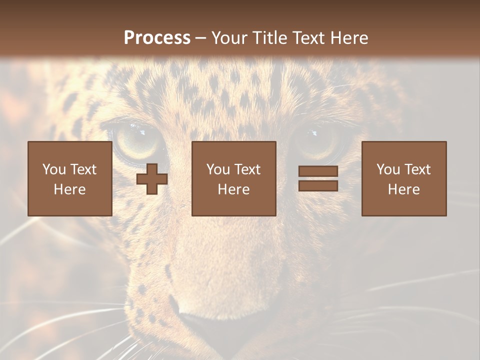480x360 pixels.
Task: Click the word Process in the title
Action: tap(157, 38)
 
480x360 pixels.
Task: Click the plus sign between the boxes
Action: tap(152, 179)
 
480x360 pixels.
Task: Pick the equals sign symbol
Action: tap(318, 178)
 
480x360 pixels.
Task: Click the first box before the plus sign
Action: tap(69, 178)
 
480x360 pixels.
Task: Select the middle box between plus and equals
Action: tap(233, 178)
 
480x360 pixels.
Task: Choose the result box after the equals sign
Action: tap(403, 178)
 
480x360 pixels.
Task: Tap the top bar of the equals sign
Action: tap(318, 171)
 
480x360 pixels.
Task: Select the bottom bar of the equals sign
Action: tap(318, 185)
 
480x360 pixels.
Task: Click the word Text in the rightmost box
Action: tap(418, 169)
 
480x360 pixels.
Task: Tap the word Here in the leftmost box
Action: tap(69, 189)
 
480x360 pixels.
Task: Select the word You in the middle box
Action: tap(218, 169)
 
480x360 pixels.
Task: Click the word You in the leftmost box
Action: tap(54, 169)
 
